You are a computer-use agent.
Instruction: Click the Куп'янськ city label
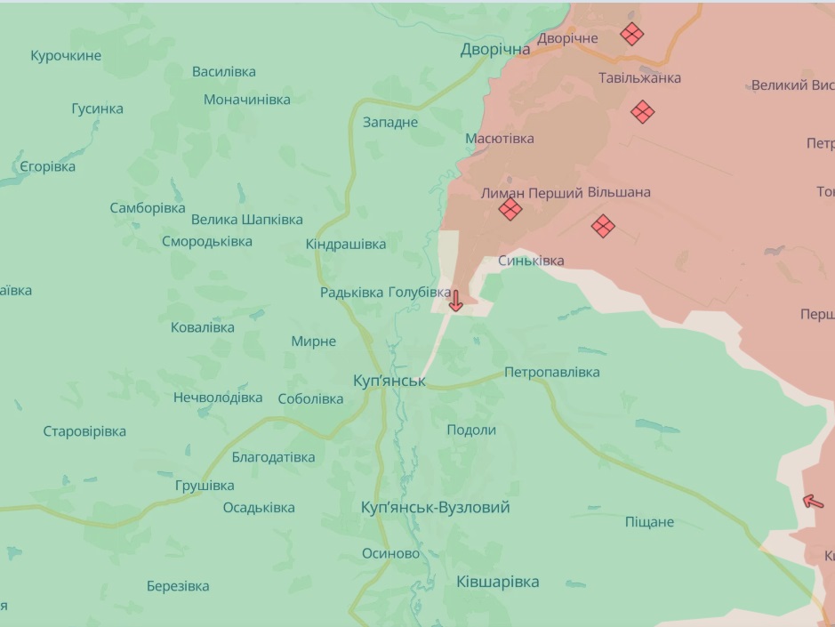tap(389, 381)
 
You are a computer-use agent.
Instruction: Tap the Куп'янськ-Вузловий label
tap(436, 507)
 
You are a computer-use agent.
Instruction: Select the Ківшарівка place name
tap(497, 582)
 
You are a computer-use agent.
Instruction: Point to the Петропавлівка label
tap(551, 372)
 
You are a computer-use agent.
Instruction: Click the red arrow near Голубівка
tap(455, 301)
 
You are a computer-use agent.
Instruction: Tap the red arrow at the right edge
tap(813, 501)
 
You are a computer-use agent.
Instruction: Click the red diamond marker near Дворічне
tap(632, 34)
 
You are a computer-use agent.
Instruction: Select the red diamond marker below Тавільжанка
tap(643, 112)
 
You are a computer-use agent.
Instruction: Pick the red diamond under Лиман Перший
tap(510, 210)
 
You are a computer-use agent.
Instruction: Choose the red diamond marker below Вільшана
tap(603, 226)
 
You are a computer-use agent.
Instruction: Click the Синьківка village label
tap(531, 261)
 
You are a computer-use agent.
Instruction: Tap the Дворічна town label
tap(495, 50)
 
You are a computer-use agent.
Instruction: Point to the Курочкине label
tap(66, 56)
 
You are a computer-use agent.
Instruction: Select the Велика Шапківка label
tap(246, 219)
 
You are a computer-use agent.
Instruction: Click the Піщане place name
tap(649, 522)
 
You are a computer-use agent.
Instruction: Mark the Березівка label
tap(178, 586)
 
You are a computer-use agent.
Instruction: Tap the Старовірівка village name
tap(84, 431)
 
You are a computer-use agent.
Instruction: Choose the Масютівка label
tap(500, 139)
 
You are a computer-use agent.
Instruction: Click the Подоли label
tap(471, 430)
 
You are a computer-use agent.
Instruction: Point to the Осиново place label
tap(390, 553)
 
